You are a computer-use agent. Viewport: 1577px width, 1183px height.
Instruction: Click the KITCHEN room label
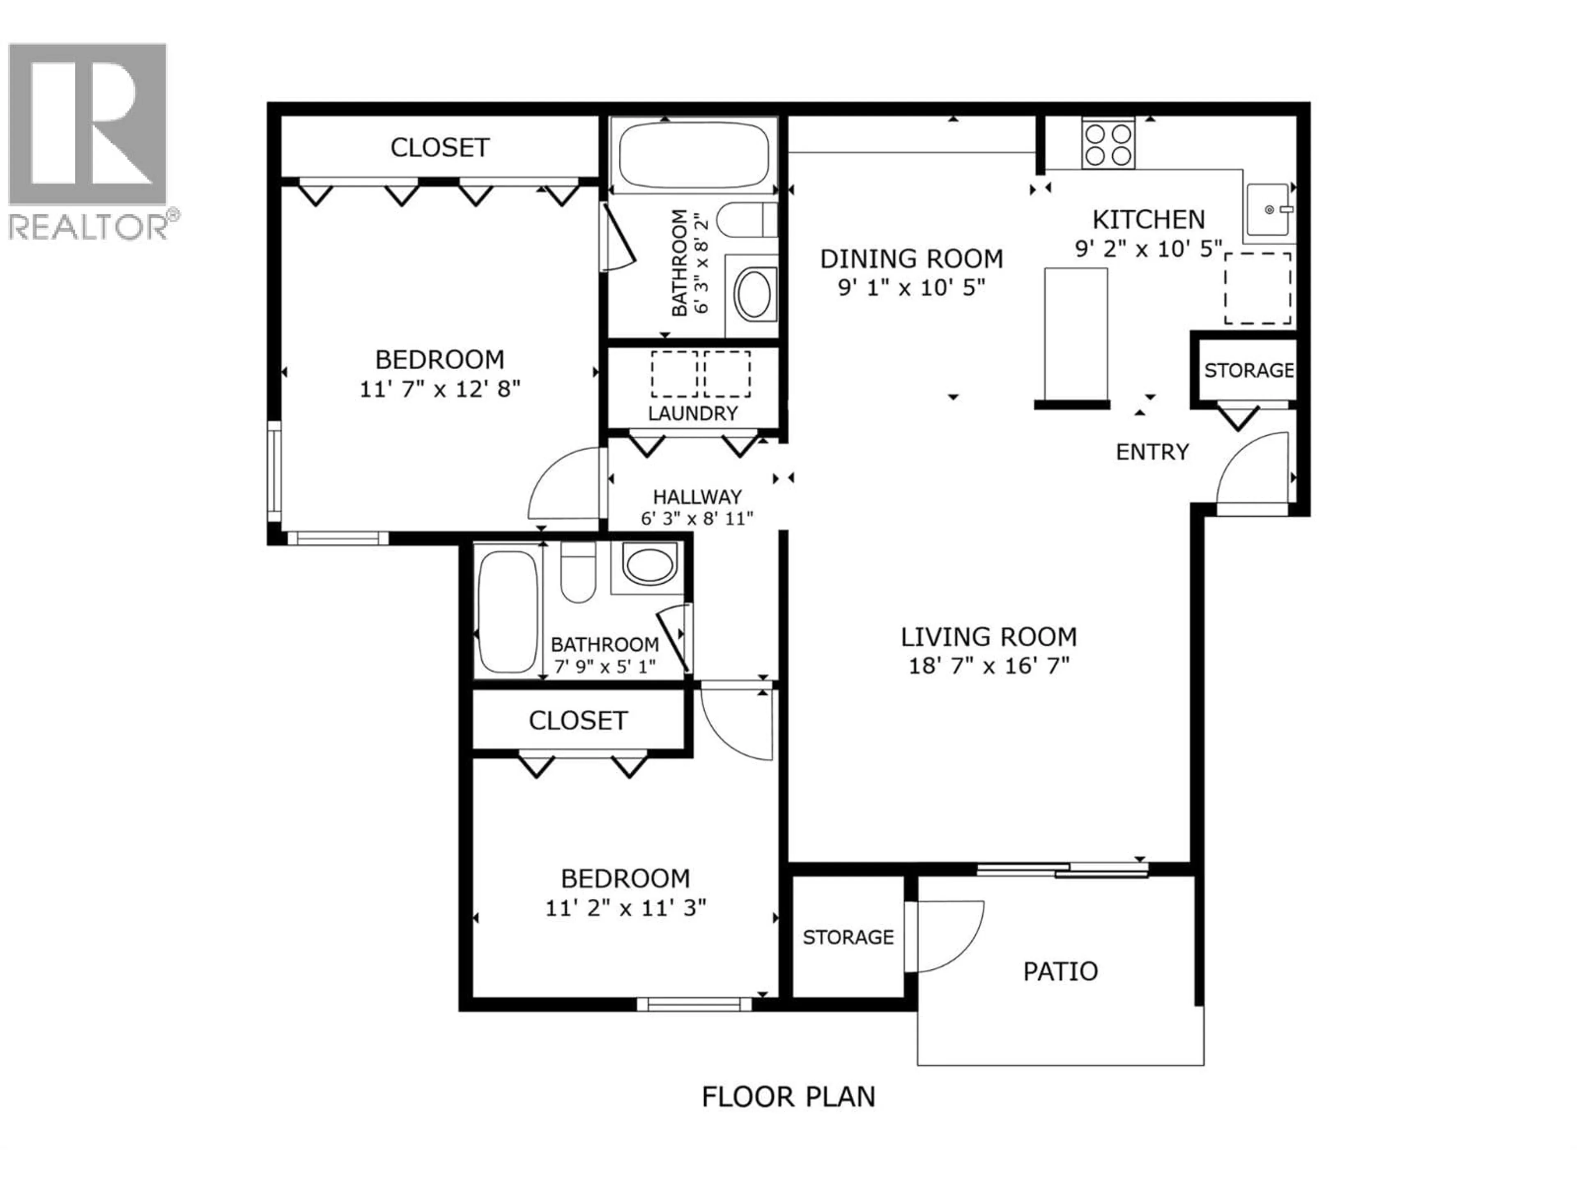click(x=1149, y=219)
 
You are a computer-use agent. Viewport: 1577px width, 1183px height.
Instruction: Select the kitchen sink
click(x=1268, y=209)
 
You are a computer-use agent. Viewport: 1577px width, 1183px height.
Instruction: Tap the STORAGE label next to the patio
click(x=848, y=937)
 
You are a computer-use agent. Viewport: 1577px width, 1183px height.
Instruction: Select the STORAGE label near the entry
click(x=1248, y=370)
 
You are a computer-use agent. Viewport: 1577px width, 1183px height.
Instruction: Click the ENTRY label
click(x=1152, y=452)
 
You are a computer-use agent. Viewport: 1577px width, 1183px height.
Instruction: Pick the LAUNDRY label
click(x=692, y=414)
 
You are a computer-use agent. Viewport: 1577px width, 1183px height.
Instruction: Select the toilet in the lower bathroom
click(x=577, y=571)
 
